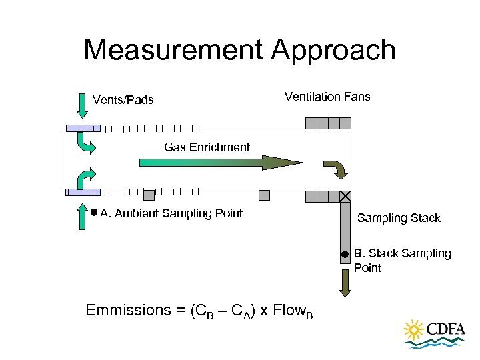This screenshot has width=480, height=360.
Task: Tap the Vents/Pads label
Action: point(123,101)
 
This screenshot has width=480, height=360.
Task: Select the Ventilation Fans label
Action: point(327,97)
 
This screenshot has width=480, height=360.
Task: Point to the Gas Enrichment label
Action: point(207,147)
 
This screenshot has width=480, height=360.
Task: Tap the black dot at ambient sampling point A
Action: point(94,213)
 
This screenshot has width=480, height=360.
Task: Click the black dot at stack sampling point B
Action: point(344,254)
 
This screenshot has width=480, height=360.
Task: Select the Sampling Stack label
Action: point(399,218)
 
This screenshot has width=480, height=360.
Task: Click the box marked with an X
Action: point(345,197)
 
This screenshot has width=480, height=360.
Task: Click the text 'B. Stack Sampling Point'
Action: point(402,261)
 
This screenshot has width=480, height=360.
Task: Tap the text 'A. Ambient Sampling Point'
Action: point(171,213)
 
